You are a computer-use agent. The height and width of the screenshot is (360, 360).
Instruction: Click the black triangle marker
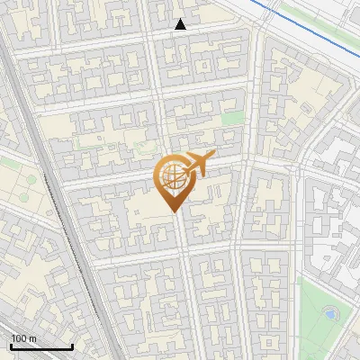180,24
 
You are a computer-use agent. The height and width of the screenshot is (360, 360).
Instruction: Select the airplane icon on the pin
197,164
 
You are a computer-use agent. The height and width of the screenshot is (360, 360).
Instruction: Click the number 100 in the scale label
19,337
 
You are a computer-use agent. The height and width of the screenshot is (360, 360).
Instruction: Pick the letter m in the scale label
32,337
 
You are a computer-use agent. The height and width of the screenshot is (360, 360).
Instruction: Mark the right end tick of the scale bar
73,346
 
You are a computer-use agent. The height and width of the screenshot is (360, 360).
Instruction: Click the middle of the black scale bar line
40,347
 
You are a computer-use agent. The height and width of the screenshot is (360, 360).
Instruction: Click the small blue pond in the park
329,314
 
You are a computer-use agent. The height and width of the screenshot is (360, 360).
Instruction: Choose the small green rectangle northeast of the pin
232,118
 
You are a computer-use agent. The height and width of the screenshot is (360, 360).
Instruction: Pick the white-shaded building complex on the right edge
337,216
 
